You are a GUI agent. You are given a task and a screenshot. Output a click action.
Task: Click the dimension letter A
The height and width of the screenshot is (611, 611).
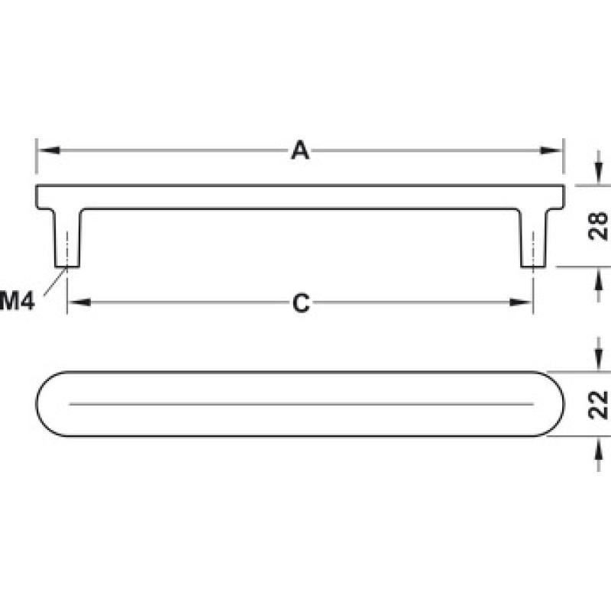[300, 150]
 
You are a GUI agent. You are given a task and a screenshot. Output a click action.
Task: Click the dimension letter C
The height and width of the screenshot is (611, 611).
[301, 302]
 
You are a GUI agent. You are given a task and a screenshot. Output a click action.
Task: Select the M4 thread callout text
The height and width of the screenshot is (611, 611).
[17, 301]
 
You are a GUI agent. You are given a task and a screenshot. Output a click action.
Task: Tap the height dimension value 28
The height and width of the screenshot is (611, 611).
[598, 226]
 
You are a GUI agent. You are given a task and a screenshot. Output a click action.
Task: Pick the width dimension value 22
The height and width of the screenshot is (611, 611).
[598, 405]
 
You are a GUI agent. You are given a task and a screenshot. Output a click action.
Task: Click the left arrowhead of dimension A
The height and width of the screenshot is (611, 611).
[48, 150]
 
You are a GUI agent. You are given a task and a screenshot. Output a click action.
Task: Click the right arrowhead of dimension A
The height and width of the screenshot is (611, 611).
[551, 150]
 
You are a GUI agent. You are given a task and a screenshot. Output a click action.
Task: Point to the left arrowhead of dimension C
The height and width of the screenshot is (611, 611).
[79, 302]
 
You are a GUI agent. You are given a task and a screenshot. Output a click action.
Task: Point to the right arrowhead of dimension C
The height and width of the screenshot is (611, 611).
[521, 302]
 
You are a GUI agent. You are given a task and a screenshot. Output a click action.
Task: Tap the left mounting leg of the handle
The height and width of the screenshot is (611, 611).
[67, 238]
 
